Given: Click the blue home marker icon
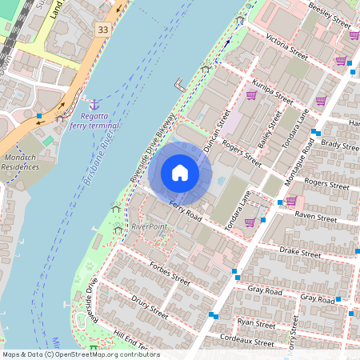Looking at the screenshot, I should pos(180,172).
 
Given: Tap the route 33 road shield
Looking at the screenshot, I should pos(102,30).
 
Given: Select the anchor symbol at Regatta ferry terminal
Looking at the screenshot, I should pos(94,105).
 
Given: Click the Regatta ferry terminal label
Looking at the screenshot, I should pos(94,121).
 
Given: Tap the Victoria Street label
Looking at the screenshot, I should pos(287,47).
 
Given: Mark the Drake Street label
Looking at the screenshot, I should pos(300,252).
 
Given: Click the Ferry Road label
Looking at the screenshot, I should pos(185,213).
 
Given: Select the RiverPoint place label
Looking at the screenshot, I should pos(150,226).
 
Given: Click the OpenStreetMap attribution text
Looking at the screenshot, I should pos(81,354).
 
